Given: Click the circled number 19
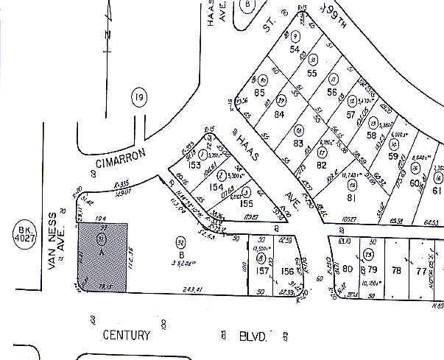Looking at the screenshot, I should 139,97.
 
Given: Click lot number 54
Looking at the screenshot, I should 296,49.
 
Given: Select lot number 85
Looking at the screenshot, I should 259,93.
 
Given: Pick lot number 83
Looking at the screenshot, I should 298,143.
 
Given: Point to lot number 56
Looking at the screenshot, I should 333,93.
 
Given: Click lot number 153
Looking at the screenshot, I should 195,166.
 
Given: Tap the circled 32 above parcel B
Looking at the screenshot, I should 180,241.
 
